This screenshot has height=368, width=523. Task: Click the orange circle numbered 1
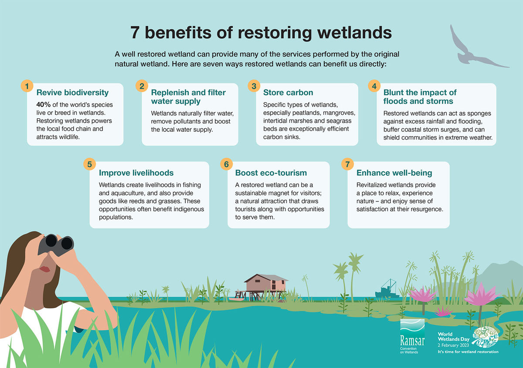pos(27,86)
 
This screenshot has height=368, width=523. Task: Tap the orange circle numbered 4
pos(374,86)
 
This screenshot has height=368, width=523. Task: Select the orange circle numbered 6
pos(226,164)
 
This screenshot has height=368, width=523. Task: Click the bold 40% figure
pos(44,104)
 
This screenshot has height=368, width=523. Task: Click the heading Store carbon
pos(288,92)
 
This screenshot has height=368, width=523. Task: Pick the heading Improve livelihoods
pos(136,173)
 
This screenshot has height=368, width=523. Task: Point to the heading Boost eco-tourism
pos(271,173)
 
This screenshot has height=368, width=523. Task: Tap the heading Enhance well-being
pos(394,173)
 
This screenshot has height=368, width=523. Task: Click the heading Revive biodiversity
pos(72,93)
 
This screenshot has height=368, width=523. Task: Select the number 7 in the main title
pos(135,33)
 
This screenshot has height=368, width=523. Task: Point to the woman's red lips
pos(45,269)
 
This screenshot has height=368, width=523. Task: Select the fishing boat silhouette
pos(387,290)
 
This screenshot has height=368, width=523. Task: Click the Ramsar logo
pos(412,336)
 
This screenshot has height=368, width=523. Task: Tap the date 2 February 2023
pos(453,345)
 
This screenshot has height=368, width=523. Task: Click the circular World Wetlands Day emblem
pos(485,337)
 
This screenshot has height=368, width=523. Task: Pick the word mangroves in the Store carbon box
pos(339,113)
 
